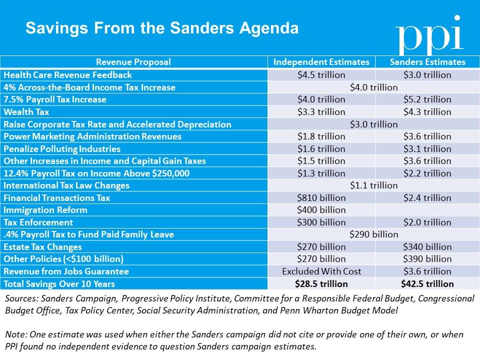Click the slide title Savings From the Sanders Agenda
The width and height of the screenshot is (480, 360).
(x=162, y=27)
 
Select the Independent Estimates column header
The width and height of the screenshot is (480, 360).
(x=321, y=62)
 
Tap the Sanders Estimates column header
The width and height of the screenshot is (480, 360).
(x=427, y=62)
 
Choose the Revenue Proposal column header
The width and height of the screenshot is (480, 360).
(x=133, y=62)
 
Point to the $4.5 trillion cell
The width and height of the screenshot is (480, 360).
(x=321, y=75)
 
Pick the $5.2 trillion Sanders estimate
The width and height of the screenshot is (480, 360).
(x=427, y=99)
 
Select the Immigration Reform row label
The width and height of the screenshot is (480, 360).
(x=45, y=210)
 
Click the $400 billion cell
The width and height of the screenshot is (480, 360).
(x=321, y=210)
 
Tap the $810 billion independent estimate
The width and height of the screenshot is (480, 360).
(x=321, y=198)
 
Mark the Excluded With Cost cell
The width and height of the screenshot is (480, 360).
(x=321, y=271)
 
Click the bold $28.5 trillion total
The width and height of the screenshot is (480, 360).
(x=321, y=284)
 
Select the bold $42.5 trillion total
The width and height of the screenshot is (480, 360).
(x=427, y=284)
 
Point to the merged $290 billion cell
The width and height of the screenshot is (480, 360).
(x=374, y=234)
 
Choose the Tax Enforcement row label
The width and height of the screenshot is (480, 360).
(x=38, y=222)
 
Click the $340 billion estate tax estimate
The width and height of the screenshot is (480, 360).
(x=427, y=247)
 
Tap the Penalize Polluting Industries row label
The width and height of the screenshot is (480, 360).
(x=62, y=148)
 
